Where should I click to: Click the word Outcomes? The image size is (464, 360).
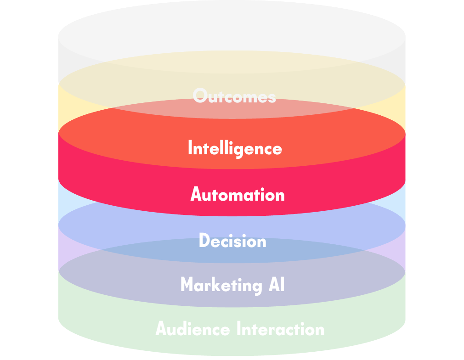click(234, 96)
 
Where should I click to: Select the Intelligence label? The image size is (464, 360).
click(235, 148)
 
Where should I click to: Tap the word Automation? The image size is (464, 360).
click(238, 195)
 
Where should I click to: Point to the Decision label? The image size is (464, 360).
click(232, 241)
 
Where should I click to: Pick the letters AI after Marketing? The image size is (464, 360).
click(276, 285)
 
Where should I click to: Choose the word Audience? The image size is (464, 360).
click(192, 329)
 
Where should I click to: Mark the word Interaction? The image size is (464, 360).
click(280, 329)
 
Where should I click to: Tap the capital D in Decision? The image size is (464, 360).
click(204, 241)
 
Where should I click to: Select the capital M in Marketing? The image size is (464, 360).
click(187, 285)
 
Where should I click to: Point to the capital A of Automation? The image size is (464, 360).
click(196, 194)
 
